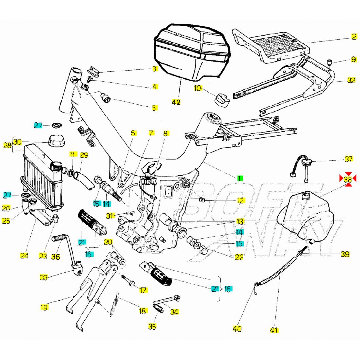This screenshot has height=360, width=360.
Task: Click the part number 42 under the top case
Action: pyautogui.click(x=176, y=102)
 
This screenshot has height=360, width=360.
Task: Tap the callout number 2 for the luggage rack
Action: pyautogui.click(x=354, y=37)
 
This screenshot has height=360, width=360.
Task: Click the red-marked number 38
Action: pyautogui.click(x=348, y=179)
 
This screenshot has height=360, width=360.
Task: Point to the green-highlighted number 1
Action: pyautogui.click(x=240, y=178)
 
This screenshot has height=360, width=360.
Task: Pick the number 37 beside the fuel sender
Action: pyautogui.click(x=349, y=159)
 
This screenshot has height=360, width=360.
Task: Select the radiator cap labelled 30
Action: pyautogui.click(x=56, y=142)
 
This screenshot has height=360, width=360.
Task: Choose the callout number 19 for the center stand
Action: pyautogui.click(x=44, y=307)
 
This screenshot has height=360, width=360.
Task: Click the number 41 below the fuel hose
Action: pyautogui.click(x=274, y=330)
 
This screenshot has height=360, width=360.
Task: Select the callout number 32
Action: pyautogui.click(x=351, y=81)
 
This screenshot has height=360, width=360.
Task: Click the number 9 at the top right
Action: pyautogui.click(x=354, y=60)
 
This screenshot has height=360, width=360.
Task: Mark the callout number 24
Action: pyautogui.click(x=24, y=256)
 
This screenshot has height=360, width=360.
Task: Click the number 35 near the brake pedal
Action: pyautogui.click(x=152, y=326)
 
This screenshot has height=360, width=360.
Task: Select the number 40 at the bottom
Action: pyautogui.click(x=237, y=328)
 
